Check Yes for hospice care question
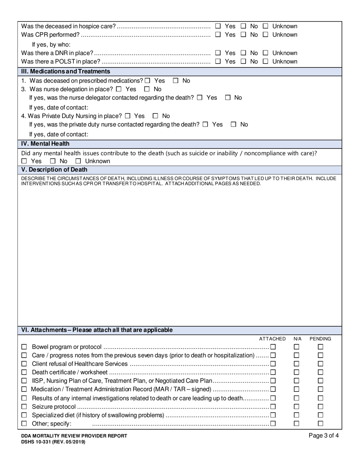coord(218,26)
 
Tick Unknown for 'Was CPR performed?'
coord(266,34)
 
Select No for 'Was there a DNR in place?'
coord(243,53)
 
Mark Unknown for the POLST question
coord(266,61)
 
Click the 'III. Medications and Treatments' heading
coord(66,71)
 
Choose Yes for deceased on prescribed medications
coord(147,81)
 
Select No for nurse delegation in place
coord(147,89)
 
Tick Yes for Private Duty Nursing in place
coord(127,116)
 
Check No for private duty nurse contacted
coord(234,124)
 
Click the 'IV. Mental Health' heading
coord(45,144)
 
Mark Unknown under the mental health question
coord(78,161)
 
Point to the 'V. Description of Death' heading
coord(54,169)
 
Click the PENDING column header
coord(320,339)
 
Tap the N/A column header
coord(297,339)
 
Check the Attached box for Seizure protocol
coord(273,407)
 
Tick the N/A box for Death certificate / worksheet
coord(297,372)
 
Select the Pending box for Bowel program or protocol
coord(321,347)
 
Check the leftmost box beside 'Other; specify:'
coord(24,423)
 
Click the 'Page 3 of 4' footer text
coord(324,436)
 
